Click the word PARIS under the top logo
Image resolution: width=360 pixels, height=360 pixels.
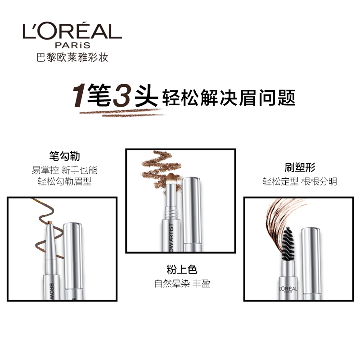point(72,45)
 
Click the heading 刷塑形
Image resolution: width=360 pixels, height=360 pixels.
point(300,168)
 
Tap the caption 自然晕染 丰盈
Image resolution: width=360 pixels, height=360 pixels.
point(182,283)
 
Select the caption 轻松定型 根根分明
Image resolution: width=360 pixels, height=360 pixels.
point(300,182)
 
